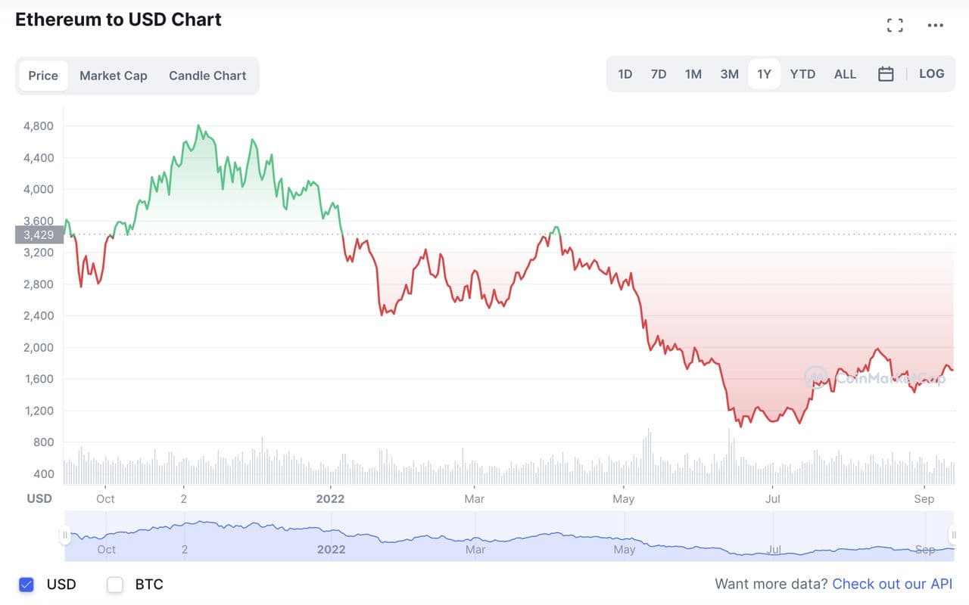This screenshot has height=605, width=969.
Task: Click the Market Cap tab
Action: [114, 76]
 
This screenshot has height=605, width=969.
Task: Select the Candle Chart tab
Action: [207, 76]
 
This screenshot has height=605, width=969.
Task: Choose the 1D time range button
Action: [625, 74]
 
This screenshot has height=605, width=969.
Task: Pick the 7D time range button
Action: [659, 74]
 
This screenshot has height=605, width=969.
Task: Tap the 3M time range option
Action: [729, 74]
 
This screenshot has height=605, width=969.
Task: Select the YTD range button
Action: [802, 74]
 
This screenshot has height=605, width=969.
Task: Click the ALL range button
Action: [845, 74]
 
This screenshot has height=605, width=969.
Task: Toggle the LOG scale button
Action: [931, 74]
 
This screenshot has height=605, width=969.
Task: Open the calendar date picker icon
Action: [886, 74]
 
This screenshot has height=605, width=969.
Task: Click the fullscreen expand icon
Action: [895, 26]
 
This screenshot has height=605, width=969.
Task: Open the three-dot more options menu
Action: [936, 26]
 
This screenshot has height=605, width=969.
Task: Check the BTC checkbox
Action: [115, 585]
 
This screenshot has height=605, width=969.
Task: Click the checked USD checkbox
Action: [26, 585]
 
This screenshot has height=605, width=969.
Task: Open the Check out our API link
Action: [892, 584]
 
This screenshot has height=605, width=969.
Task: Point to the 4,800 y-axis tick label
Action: [39, 126]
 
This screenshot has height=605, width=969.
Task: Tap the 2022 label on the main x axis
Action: [330, 499]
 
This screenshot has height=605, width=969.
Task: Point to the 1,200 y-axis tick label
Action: [39, 411]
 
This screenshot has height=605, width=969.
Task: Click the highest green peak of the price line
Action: [198, 126]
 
